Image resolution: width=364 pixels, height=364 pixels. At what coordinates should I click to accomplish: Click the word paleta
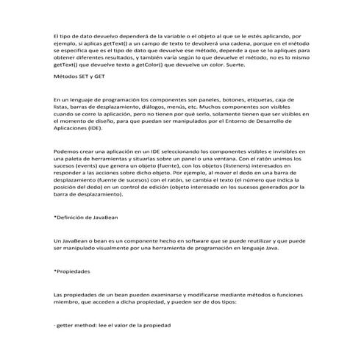coord(71,160)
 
